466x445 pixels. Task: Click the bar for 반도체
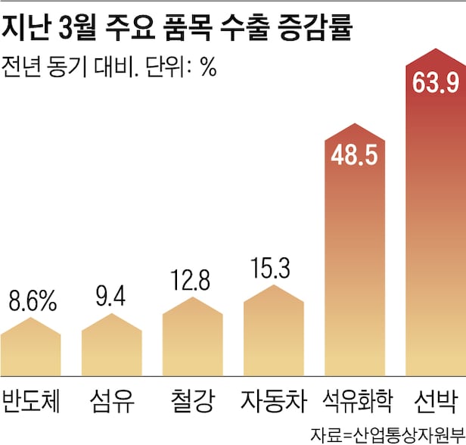pyautogui.click(x=30, y=352)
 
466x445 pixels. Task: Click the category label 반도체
pyautogui.click(x=31, y=399)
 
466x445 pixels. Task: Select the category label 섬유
pyautogui.click(x=112, y=399)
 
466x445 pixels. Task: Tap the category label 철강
pyautogui.click(x=193, y=399)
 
